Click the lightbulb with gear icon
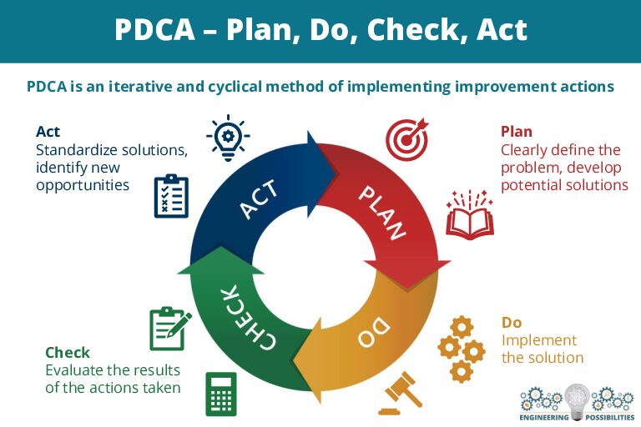tap(228, 138)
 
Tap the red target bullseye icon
tap(407, 139)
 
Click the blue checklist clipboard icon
tap(171, 196)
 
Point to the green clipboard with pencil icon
tap(170, 329)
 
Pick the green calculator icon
tap(221, 394)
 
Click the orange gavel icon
tap(400, 393)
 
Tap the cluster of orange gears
tap(461, 349)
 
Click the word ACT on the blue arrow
tap(260, 200)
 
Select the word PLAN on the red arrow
tap(382, 213)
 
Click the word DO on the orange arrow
tap(374, 332)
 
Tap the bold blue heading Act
tap(48, 132)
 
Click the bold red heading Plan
tap(517, 132)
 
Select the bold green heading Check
tap(68, 352)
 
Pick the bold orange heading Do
tap(512, 323)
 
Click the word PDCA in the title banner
tap(154, 29)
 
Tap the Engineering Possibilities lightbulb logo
tap(577, 403)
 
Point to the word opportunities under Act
tap(83, 185)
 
